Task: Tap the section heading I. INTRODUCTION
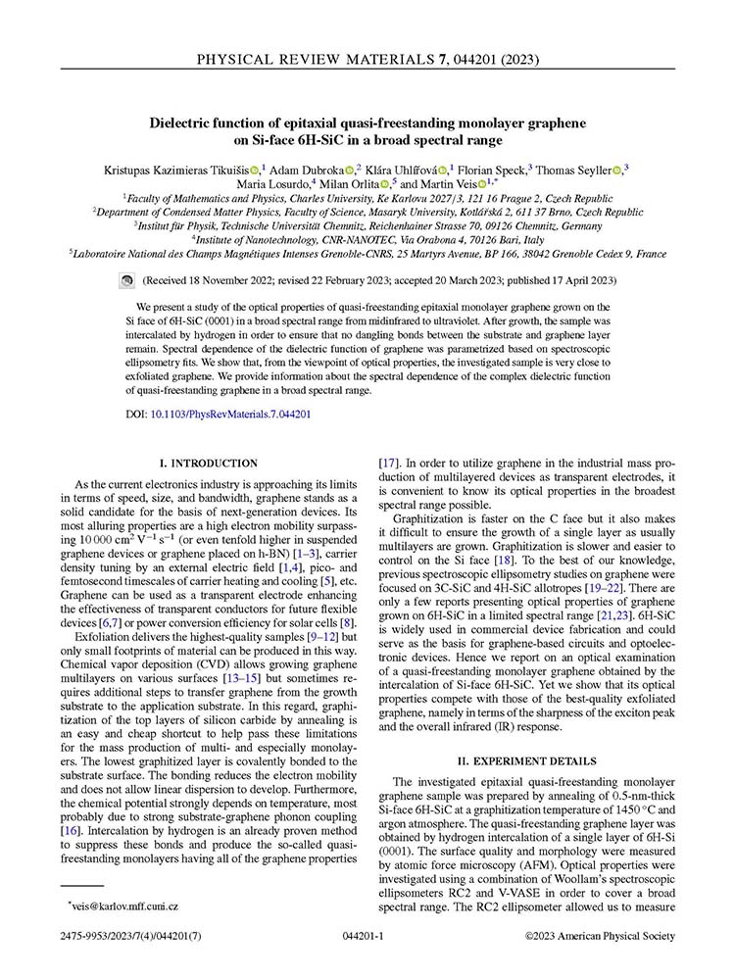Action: [x=209, y=463]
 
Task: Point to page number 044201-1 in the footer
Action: [x=367, y=936]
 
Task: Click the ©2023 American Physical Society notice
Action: [x=600, y=936]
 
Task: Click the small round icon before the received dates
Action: [x=125, y=280]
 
